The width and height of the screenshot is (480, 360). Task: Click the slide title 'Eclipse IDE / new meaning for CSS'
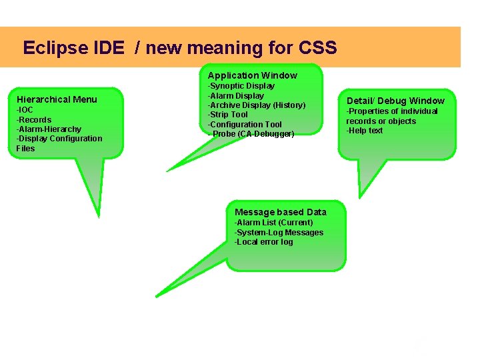coord(179,48)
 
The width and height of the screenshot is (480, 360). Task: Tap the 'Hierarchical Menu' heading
coord(57,99)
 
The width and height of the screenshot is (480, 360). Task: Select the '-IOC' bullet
coord(25,110)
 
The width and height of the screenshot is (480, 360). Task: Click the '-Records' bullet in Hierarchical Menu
coord(34,119)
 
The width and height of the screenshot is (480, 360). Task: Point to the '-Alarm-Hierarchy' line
coord(49,129)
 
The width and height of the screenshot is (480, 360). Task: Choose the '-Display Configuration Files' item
coord(59,143)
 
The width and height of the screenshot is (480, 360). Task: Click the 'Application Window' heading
coord(252,75)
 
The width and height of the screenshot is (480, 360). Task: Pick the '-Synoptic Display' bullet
coord(241,86)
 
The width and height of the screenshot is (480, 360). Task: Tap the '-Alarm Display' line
coord(235,95)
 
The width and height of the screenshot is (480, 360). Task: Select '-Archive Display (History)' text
coord(256,105)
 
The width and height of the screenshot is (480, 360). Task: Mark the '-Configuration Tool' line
coord(245,125)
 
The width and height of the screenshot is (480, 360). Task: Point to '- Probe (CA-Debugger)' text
coord(251,134)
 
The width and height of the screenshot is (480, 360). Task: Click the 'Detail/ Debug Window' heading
coord(395,101)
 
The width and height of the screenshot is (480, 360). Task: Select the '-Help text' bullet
coord(364,131)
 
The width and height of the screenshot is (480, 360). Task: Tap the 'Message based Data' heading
coord(281,212)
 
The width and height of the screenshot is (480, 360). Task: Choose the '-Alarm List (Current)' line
coord(273,223)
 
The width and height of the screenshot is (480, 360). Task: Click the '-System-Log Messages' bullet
coord(279,233)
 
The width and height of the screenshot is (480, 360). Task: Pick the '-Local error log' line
coord(263,242)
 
